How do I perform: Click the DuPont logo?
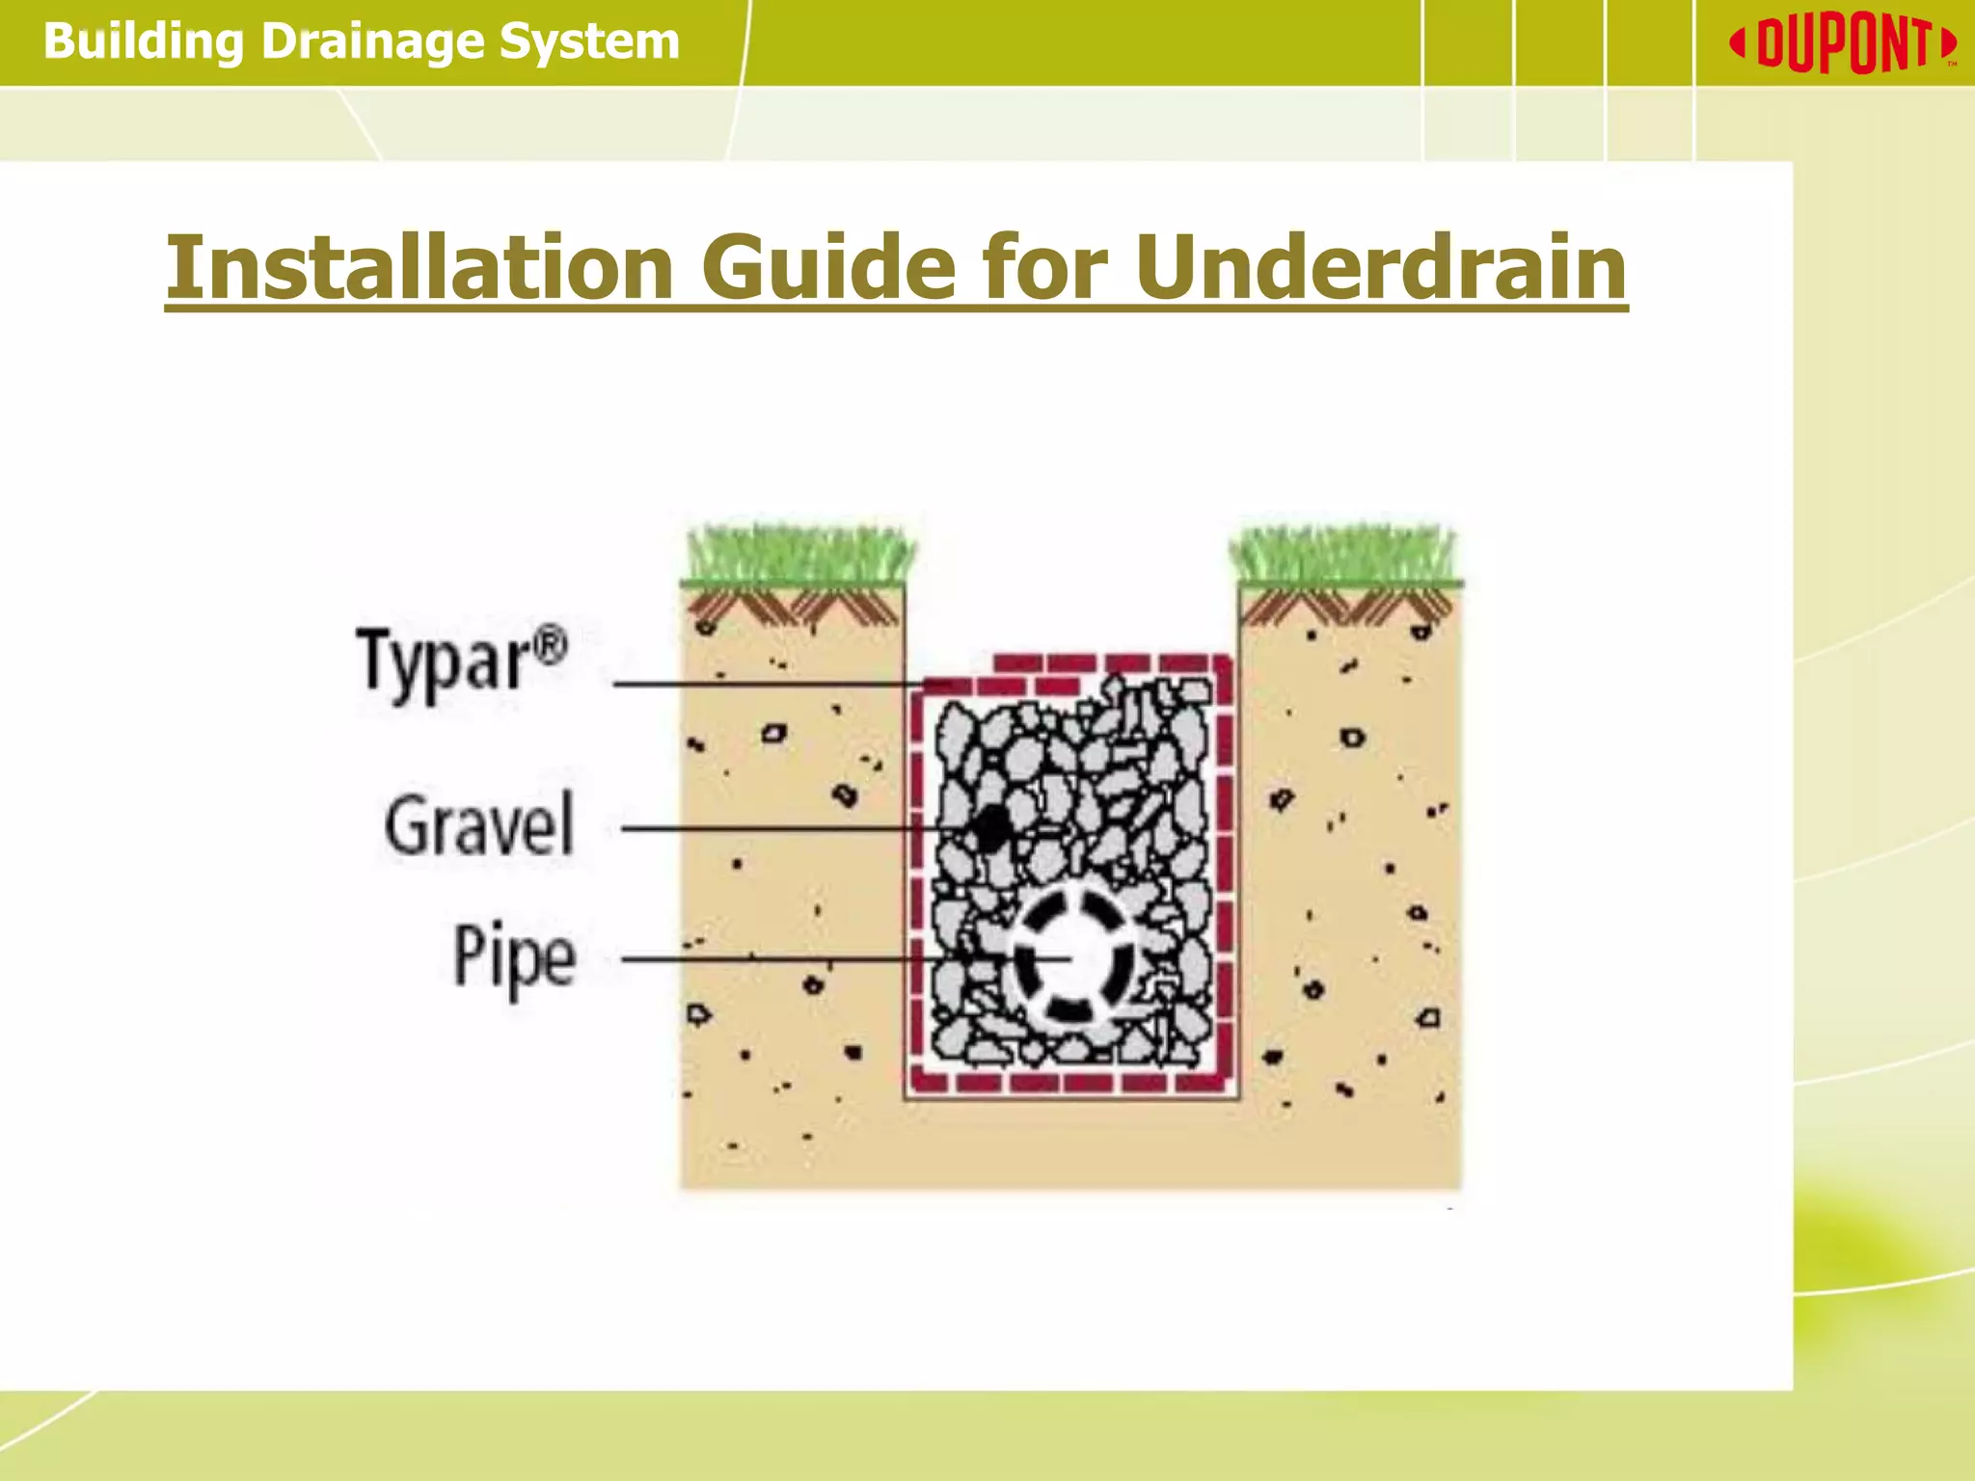click(x=1843, y=43)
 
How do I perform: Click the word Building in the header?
click(x=143, y=42)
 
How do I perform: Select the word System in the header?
click(x=588, y=42)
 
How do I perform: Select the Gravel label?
click(x=479, y=825)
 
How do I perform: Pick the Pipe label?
click(x=514, y=957)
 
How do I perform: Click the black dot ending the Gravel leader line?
click(x=990, y=828)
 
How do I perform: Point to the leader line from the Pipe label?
click(x=771, y=958)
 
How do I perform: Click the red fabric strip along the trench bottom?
click(x=1070, y=1082)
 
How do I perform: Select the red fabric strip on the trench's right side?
click(x=1224, y=868)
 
